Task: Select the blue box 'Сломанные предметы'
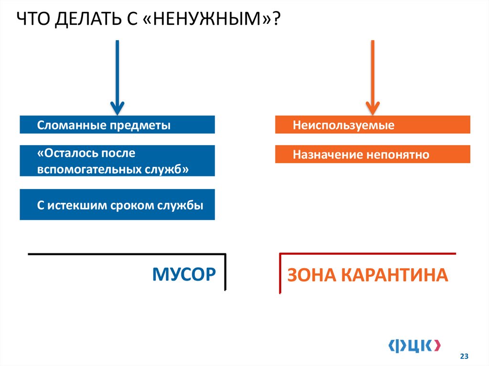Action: tap(117, 125)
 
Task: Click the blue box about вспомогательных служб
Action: tap(117, 161)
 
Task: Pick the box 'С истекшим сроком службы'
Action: tap(117, 205)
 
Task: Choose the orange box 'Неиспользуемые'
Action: tap(372, 125)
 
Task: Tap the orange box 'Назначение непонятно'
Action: tap(372, 155)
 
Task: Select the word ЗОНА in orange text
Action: tap(310, 275)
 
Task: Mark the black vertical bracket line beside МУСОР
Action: tap(224, 272)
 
